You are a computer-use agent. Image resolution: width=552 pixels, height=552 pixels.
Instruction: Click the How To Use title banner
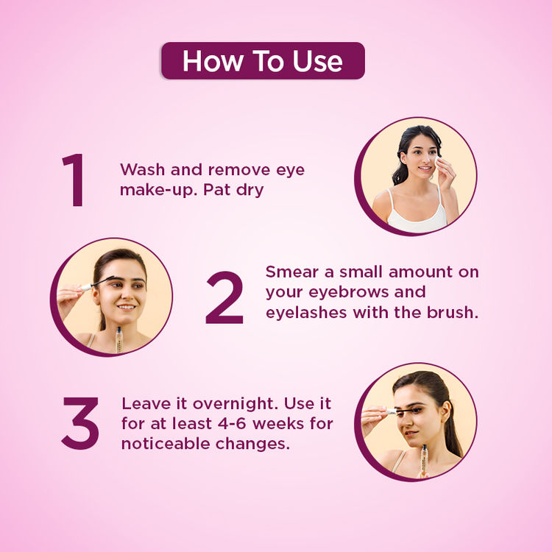[263, 60]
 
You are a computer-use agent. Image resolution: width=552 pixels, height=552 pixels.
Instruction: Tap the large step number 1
[74, 180]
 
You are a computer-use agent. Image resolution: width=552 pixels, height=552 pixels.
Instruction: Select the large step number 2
[224, 297]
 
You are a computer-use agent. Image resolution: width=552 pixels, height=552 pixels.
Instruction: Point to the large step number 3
[81, 423]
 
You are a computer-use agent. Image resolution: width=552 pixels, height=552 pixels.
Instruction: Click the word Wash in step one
[143, 170]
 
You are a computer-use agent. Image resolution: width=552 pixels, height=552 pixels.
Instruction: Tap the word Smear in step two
[292, 272]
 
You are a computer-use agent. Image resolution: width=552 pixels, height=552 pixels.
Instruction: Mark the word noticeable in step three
[166, 444]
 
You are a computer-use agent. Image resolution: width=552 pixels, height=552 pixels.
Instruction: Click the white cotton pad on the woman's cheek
[439, 164]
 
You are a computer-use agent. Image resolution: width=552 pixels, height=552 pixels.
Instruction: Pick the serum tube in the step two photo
[119, 340]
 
